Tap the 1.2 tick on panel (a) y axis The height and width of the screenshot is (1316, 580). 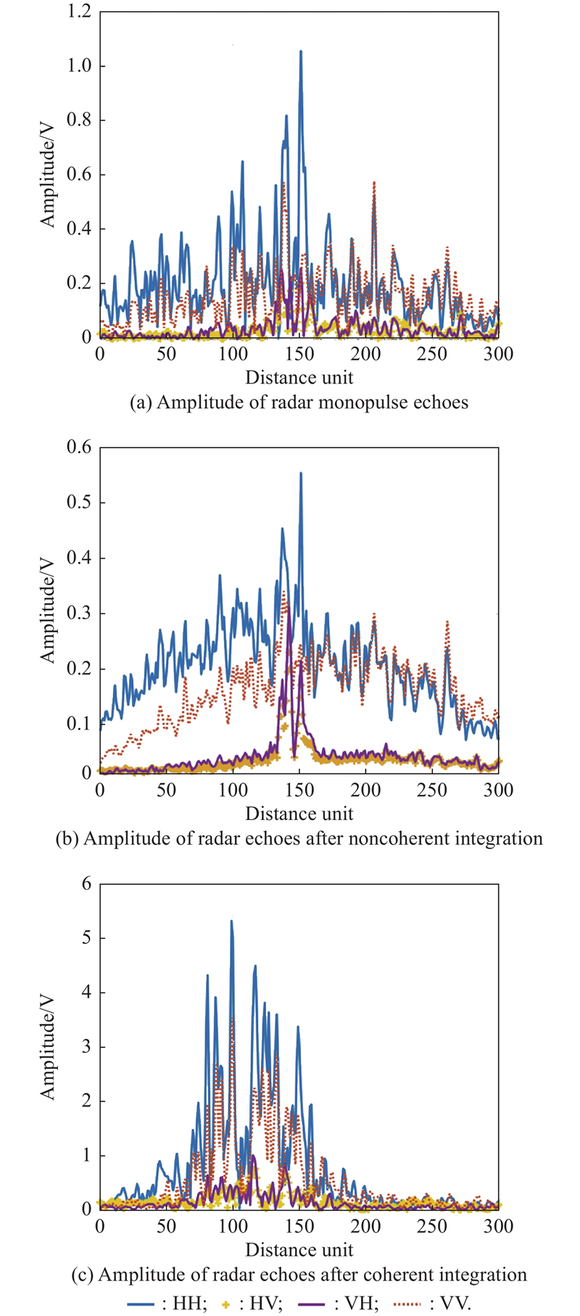[79, 12]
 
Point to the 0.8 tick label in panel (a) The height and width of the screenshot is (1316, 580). [79, 120]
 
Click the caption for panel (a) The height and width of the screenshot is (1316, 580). [299, 402]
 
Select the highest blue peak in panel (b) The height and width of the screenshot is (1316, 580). [300, 473]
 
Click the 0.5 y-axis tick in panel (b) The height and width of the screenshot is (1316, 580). [79, 502]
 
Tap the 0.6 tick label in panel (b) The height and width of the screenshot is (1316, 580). [79, 447]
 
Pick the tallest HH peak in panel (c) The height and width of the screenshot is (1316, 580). [231, 922]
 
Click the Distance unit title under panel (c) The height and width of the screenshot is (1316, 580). [299, 1250]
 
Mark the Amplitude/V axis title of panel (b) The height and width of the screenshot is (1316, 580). [48, 609]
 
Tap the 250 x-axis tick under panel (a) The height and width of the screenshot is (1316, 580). [432, 354]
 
